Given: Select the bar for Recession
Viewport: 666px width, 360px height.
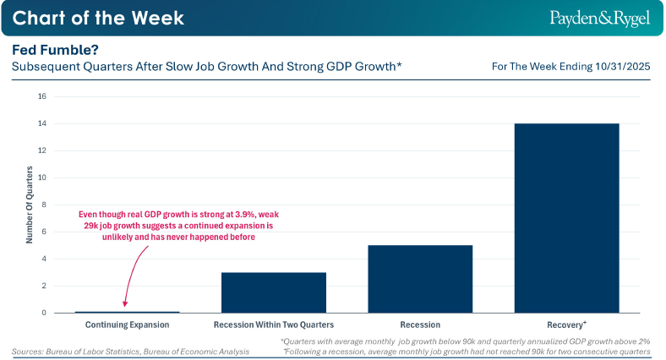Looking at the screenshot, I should tap(419, 279).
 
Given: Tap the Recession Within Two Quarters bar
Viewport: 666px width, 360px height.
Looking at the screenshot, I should tap(274, 292).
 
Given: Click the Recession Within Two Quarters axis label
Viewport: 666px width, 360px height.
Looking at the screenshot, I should tap(274, 324).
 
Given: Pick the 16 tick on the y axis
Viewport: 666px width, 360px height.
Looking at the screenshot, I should tap(41, 96).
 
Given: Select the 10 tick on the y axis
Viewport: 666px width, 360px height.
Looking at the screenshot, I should tap(41, 177).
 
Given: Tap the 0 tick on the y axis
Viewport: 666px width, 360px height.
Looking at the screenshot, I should tap(43, 313).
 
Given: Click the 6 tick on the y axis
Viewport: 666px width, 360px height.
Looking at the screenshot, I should tap(43, 232).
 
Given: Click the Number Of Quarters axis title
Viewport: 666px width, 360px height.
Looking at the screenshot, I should tap(29, 205).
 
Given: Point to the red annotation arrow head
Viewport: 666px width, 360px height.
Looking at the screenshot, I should tap(125, 305).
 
